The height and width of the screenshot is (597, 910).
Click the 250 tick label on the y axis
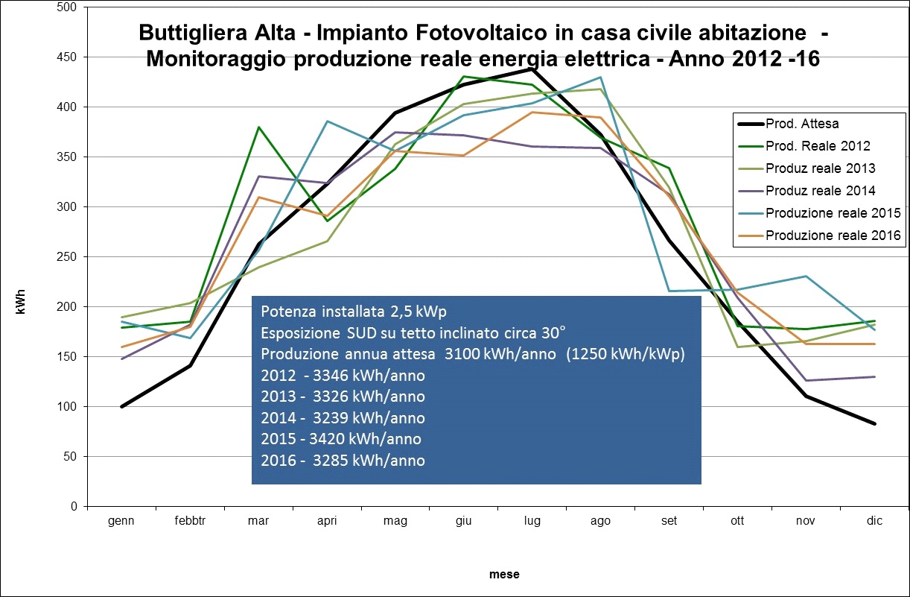point(68,257)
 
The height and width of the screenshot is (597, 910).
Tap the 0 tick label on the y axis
point(74,507)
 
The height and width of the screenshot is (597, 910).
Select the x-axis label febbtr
point(190,521)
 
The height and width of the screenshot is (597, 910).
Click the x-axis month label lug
point(532,521)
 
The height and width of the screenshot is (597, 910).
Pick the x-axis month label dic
point(874,521)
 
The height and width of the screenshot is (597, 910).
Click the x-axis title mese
point(504,575)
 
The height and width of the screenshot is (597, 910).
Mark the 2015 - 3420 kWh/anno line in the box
point(341,439)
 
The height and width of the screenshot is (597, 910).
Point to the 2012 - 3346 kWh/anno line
point(343,376)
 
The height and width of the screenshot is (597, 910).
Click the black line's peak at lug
point(532,69)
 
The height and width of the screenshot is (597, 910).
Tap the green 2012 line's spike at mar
point(258,127)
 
